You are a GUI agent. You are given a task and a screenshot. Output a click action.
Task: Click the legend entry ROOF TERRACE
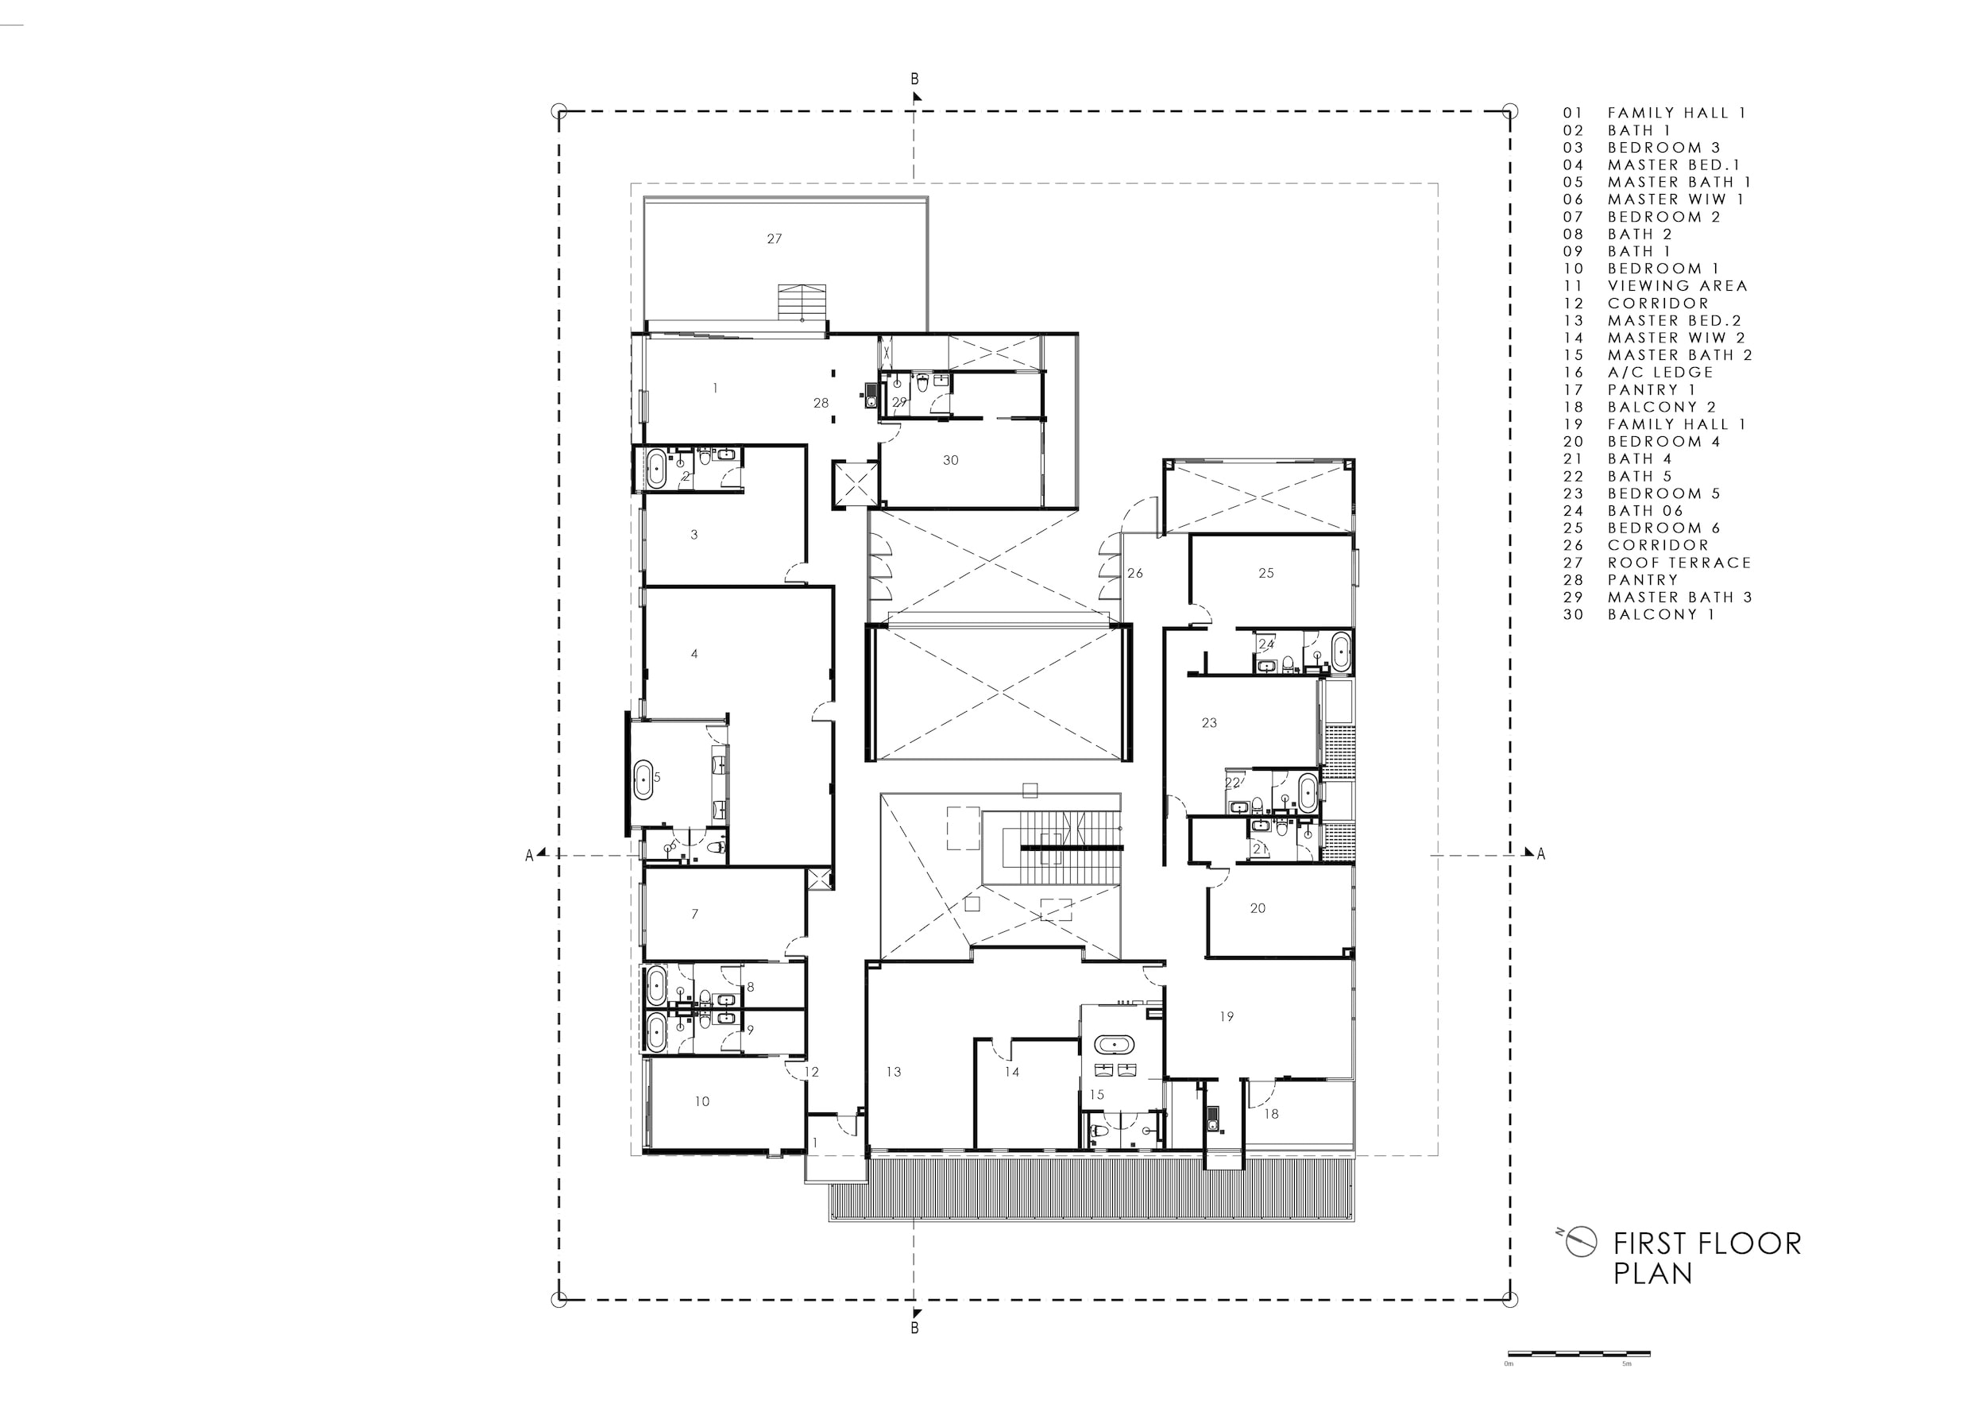click(x=1679, y=563)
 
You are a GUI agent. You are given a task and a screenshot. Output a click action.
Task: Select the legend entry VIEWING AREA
click(x=1677, y=285)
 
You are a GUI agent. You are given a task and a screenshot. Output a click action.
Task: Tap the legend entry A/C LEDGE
click(x=1660, y=372)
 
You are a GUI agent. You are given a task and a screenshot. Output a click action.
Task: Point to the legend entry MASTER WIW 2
click(x=1676, y=338)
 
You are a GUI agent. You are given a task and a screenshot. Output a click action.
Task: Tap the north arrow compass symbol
click(x=1580, y=1242)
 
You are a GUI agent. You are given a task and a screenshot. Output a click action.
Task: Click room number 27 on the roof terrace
click(x=775, y=238)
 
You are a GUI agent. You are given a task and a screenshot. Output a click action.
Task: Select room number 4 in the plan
click(x=694, y=654)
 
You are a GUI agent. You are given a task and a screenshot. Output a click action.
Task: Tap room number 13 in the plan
click(x=894, y=1072)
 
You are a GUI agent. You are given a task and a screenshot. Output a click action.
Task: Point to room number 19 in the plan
click(x=1227, y=1016)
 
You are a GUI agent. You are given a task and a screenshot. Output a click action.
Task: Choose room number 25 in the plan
click(x=1266, y=573)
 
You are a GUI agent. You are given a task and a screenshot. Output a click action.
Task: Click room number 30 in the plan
click(x=951, y=460)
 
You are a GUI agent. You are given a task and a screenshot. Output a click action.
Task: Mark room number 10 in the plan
click(x=702, y=1101)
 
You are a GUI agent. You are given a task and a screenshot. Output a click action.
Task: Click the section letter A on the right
click(x=1540, y=855)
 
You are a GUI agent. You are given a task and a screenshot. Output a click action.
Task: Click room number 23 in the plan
click(x=1209, y=722)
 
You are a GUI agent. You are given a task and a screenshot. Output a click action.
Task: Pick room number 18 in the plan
click(x=1271, y=1114)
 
